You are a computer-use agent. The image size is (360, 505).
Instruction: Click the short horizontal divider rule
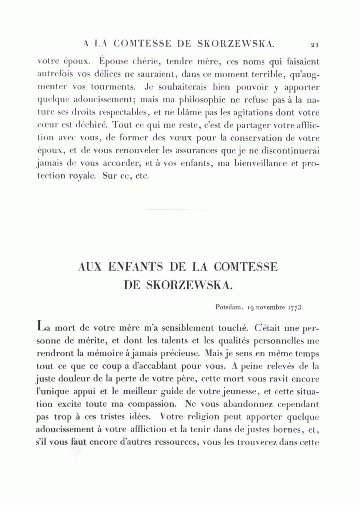[178, 210]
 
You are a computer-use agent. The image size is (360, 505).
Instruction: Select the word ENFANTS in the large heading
[136, 267]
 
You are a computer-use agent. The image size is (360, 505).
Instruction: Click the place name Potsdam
[229, 307]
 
